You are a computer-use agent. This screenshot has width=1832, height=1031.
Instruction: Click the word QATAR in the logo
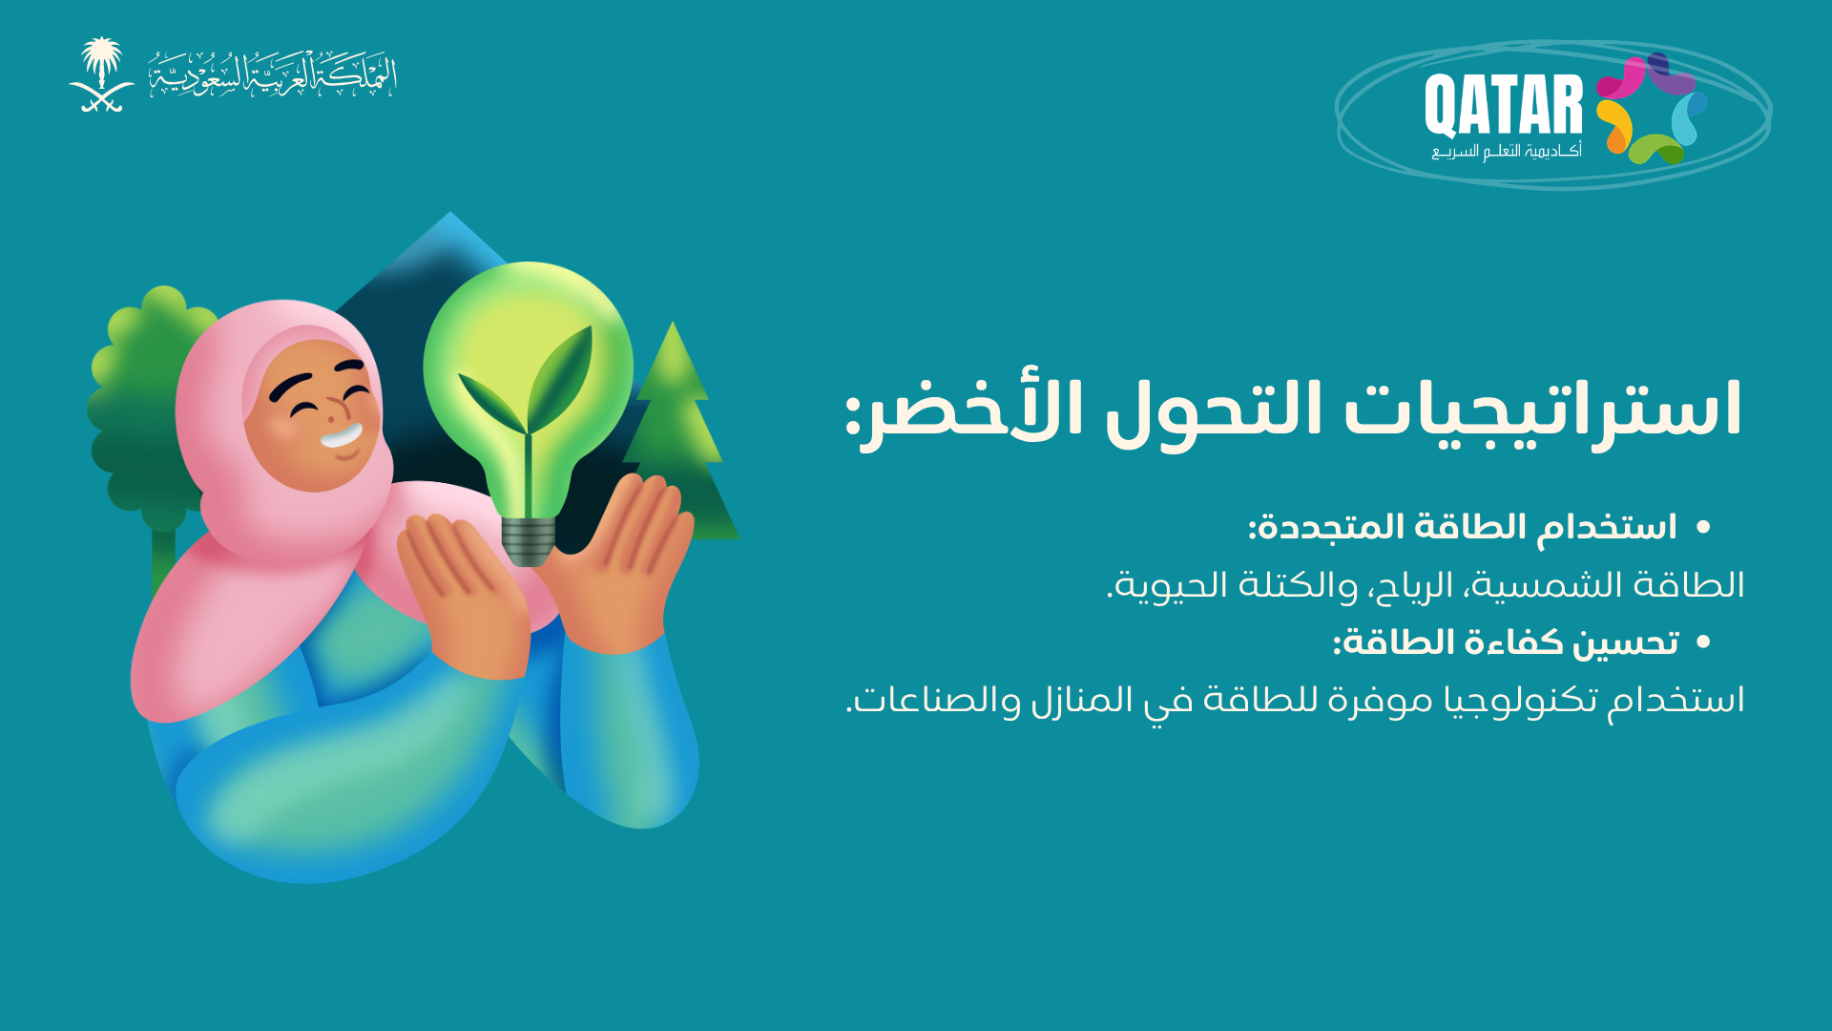[x=1504, y=107]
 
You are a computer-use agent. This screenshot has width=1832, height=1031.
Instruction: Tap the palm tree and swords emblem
[x=101, y=74]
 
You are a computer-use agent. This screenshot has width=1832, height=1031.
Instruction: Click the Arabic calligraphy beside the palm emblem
[x=272, y=74]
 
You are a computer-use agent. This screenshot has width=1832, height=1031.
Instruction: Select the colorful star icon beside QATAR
[x=1652, y=108]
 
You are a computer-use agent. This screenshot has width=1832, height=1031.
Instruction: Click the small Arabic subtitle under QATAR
[x=1507, y=151]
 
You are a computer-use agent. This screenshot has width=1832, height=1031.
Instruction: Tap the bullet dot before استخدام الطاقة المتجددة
[x=1704, y=526]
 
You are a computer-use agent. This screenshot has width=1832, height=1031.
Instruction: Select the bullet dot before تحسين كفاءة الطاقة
[x=1704, y=642]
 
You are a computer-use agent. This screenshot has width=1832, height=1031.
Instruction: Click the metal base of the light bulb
[x=528, y=541]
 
